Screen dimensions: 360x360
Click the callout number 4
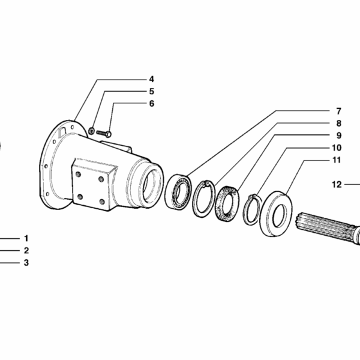point(152,79)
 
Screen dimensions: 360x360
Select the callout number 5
point(152,91)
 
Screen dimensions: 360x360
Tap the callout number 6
point(152,104)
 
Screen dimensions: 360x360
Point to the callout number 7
point(338,112)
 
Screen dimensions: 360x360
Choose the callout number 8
point(338,123)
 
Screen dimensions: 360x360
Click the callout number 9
point(339,136)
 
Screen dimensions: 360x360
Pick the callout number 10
point(337,148)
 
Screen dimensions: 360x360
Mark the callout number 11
point(337,160)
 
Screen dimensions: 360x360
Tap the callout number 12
point(337,184)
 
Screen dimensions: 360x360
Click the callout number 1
point(26,238)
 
